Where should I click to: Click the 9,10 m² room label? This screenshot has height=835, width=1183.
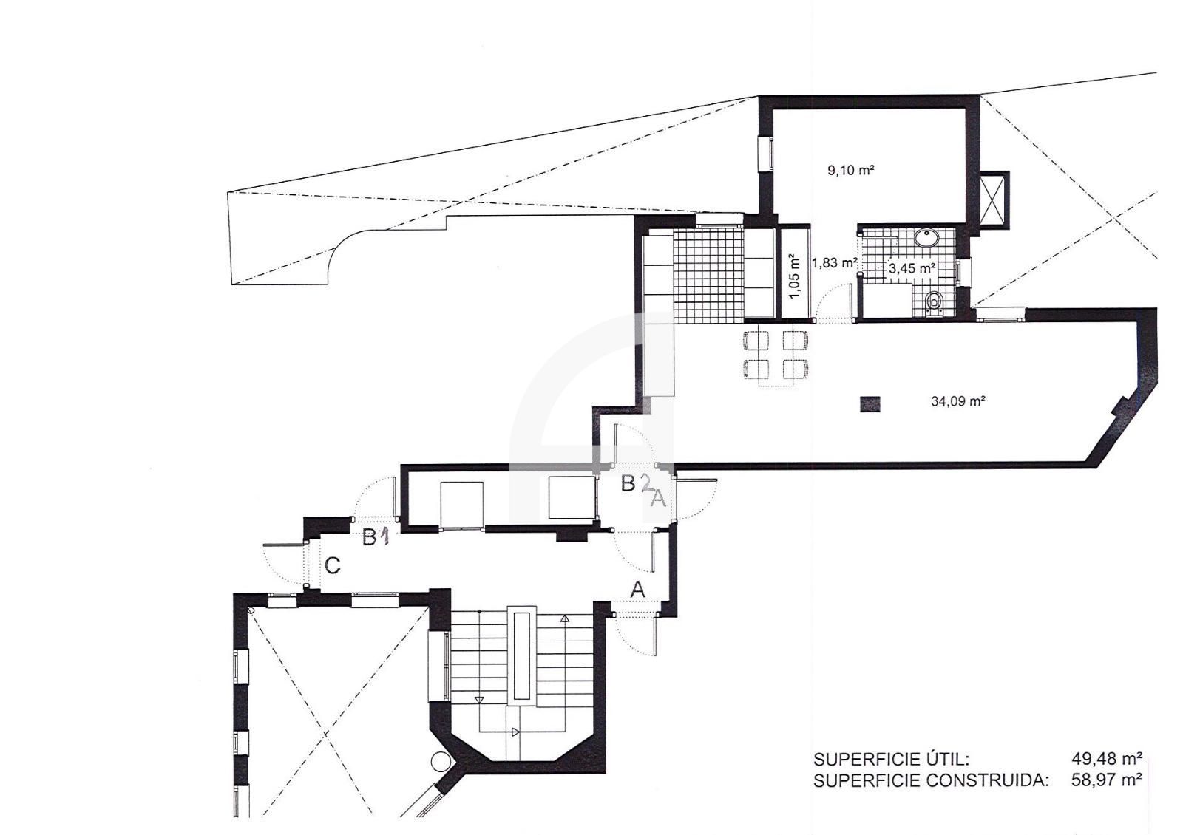coord(851,170)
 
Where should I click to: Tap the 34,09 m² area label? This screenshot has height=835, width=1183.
coord(957,402)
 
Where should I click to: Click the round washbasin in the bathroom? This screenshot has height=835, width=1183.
coord(925,238)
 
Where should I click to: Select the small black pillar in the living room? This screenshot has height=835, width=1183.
coord(870,403)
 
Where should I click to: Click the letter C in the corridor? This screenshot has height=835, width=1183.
coord(333,566)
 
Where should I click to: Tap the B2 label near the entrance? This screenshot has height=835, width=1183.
coord(637,483)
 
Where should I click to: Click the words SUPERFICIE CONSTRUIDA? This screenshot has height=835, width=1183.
coord(931,780)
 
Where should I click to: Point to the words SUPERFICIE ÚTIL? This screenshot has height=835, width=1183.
coord(891,759)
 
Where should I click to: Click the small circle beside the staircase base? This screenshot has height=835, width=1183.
coord(438,760)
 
